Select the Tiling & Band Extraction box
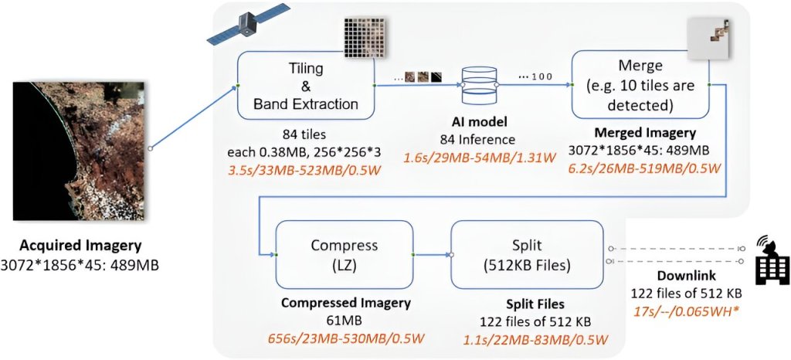tap(306, 85)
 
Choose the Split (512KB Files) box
tap(527, 254)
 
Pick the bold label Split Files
tap(525, 304)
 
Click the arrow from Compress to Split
tap(433, 253)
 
